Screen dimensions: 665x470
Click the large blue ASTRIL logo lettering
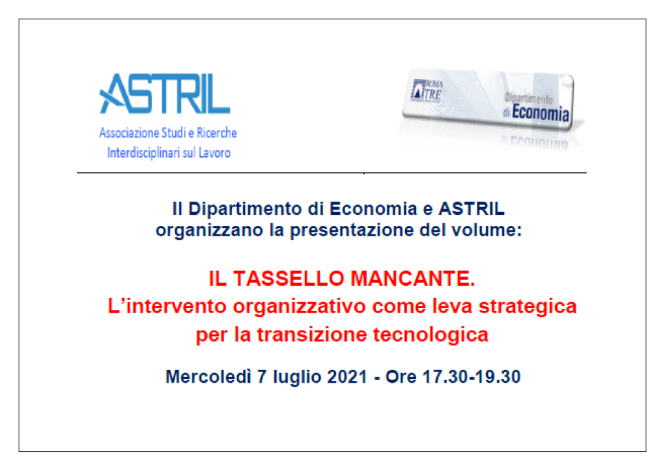tap(165, 94)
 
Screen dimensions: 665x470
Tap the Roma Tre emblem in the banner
tap(427, 90)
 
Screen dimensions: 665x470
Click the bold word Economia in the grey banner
tap(541, 113)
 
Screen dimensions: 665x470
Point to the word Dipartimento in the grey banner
tap(528, 98)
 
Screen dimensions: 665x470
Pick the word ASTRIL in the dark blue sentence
tap(471, 208)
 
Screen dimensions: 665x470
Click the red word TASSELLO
tap(289, 279)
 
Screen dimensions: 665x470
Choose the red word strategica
tap(528, 307)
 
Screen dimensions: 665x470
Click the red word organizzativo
tap(299, 307)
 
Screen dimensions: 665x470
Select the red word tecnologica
tap(431, 335)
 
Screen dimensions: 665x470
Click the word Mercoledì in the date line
tap(208, 377)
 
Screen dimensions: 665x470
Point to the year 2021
tap(347, 377)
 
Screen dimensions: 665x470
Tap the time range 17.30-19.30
tap(472, 377)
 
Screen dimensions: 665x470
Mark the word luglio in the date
tap(297, 377)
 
